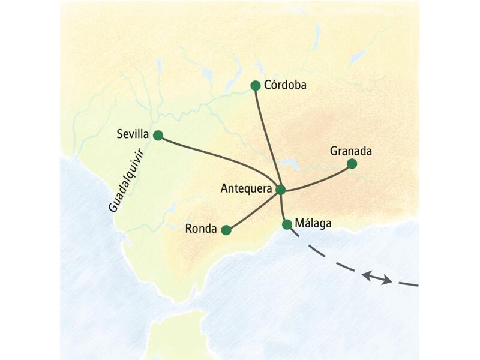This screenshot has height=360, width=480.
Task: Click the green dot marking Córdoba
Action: (x=255, y=86)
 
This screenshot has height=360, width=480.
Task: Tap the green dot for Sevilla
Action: (x=158, y=135)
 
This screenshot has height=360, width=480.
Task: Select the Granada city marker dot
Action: (x=352, y=164)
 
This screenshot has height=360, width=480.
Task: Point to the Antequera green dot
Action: (x=280, y=190)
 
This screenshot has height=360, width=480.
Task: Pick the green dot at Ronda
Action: (x=226, y=230)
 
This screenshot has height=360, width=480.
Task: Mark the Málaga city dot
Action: (x=287, y=224)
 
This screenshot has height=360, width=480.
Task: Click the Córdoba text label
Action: (x=286, y=86)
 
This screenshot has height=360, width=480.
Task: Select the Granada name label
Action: (x=351, y=151)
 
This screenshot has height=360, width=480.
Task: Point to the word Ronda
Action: (x=201, y=228)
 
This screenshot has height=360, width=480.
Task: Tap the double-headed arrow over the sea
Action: (x=377, y=277)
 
